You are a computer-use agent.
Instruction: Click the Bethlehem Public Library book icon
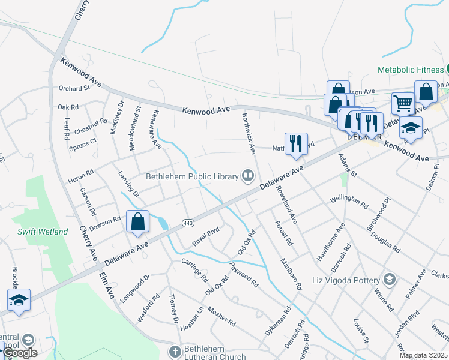[x=247, y=176]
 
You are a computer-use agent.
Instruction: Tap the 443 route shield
[x=187, y=223]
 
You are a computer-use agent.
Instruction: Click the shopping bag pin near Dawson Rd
[x=138, y=221]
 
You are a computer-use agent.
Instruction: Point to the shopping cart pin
[x=403, y=103]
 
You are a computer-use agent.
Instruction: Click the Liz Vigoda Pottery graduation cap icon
[x=389, y=280]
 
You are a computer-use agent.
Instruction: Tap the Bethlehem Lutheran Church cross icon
[x=175, y=350]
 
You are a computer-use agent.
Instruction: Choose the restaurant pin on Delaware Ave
[x=295, y=144]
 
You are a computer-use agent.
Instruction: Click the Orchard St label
[x=74, y=88]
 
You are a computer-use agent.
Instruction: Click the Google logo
[x=20, y=353]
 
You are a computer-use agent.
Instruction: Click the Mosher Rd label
[x=221, y=317]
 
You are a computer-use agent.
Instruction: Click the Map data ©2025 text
[x=423, y=355]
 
